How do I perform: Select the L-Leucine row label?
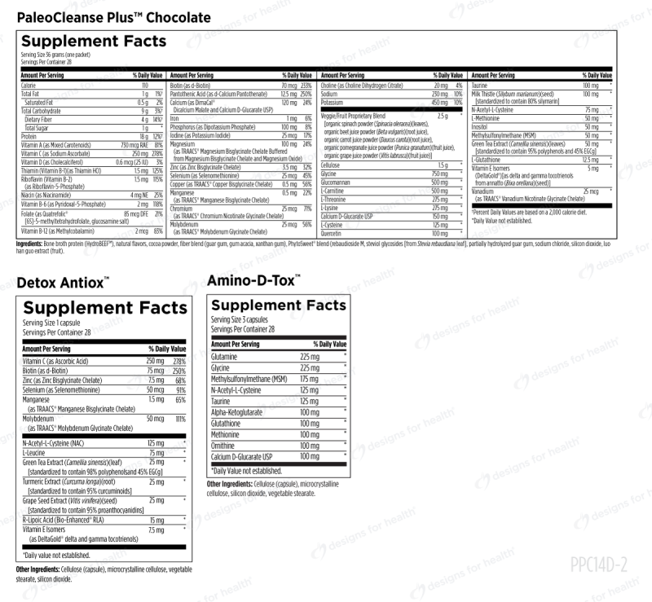(x=34, y=452)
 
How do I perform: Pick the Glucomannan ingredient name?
(x=341, y=182)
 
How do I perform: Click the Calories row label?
(x=29, y=85)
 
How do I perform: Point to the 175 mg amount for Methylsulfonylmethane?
(x=309, y=379)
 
